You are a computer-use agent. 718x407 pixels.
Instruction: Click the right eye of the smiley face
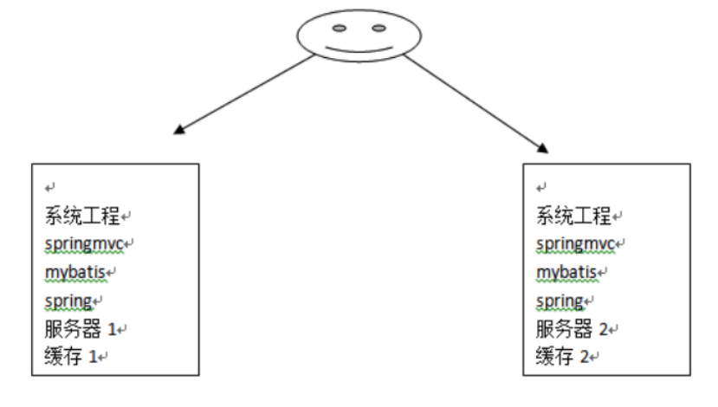pyautogui.click(x=378, y=29)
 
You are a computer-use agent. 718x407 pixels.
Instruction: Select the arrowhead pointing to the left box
pyautogui.click(x=178, y=131)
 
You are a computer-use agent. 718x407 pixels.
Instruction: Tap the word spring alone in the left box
pyautogui.click(x=68, y=300)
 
